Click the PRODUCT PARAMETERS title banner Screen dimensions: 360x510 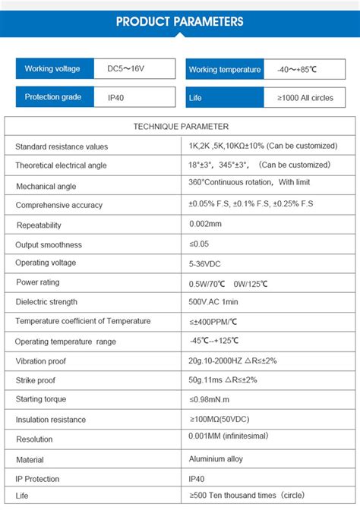coord(180,21)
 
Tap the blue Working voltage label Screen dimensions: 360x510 coord(52,69)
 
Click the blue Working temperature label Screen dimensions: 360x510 coord(224,70)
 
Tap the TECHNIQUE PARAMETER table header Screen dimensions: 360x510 coord(181,127)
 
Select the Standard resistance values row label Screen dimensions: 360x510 coord(62,146)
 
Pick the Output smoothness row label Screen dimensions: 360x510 coord(49,244)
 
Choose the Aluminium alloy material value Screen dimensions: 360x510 coord(216,459)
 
